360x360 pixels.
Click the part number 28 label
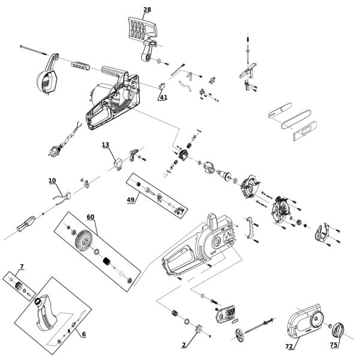click(148, 10)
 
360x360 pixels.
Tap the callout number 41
click(163, 97)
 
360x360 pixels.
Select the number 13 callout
click(106, 145)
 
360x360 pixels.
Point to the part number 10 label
click(52, 180)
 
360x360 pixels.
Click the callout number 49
click(130, 200)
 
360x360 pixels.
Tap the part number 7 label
click(22, 266)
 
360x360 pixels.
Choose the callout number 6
click(83, 334)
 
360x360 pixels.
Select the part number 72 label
click(289, 347)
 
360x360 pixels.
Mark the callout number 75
click(334, 344)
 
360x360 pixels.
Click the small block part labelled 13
click(118, 160)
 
